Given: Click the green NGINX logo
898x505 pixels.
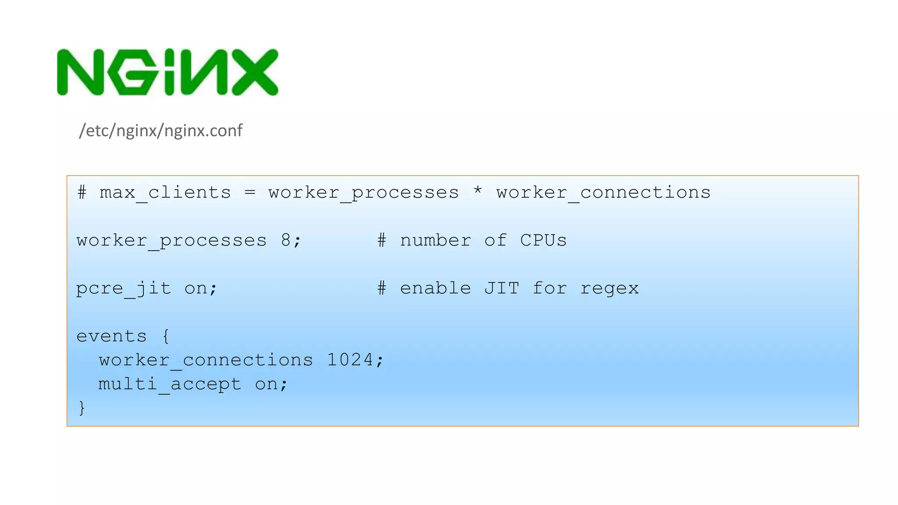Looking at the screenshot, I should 167,72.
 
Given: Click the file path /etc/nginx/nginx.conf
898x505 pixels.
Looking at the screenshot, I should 160,131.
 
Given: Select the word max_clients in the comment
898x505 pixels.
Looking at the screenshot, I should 165,193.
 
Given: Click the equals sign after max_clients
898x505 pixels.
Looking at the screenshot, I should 249,192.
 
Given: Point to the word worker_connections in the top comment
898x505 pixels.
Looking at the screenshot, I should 603,193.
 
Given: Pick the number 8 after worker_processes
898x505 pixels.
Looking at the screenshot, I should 285,240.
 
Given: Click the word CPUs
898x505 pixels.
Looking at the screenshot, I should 543,240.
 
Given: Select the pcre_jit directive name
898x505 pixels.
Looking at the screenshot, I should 123,288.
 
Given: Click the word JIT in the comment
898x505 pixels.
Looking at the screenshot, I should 502,288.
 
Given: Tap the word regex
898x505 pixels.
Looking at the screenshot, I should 609,288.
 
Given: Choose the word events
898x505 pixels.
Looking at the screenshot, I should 111,336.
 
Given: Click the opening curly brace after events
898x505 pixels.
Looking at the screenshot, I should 166,336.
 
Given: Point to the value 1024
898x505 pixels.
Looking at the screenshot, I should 350,360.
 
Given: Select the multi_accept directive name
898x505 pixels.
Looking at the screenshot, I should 169,384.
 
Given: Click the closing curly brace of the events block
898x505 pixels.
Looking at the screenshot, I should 82,408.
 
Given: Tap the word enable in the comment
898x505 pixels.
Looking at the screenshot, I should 435,288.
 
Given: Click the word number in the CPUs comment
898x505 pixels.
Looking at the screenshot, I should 435,240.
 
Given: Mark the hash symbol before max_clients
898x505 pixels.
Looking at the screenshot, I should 82,192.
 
